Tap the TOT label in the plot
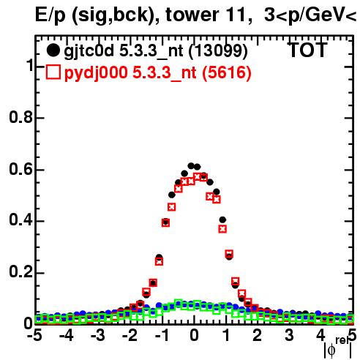coord(307,50)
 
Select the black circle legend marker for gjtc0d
coord(53,50)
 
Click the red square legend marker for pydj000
coord(53,72)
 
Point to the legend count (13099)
coord(218,50)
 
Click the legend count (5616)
coord(227,72)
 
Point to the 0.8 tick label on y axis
coord(20,117)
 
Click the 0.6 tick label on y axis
coord(20,169)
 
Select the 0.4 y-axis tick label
coord(20,220)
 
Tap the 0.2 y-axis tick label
coord(20,272)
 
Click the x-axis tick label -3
coord(98,336)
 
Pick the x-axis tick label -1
coord(162,336)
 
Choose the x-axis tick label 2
coord(257,336)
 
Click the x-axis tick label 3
coord(289,336)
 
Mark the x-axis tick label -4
coord(66,336)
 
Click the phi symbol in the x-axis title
coord(331,350)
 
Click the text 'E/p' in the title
coord(50,15)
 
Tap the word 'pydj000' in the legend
coord(96,73)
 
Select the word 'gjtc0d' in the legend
coord(89,51)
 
